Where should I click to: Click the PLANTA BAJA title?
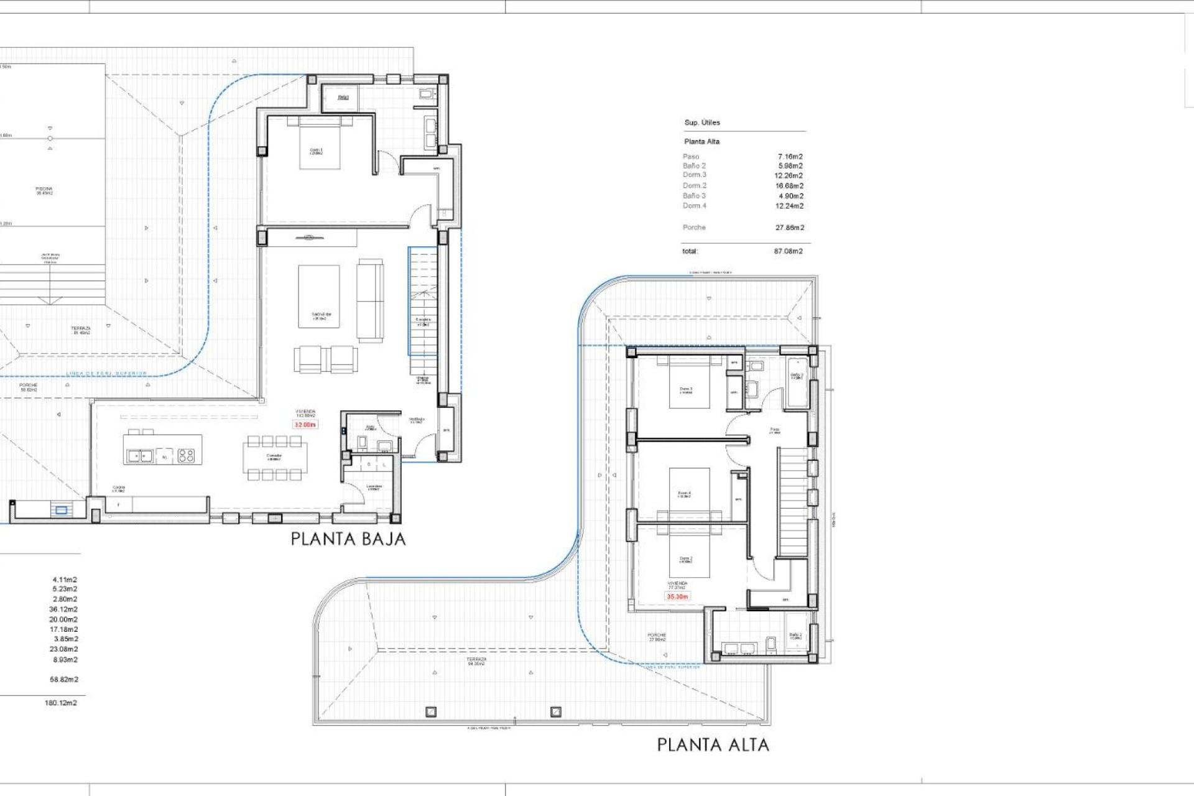tap(348, 539)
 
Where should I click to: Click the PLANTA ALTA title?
tap(713, 744)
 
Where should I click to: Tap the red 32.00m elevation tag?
tap(305, 425)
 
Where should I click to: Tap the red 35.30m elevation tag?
tap(677, 596)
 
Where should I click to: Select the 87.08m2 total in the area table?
tap(788, 251)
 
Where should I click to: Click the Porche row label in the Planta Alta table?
tap(694, 228)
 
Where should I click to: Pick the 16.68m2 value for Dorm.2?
tap(789, 186)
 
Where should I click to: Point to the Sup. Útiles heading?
tap(702, 123)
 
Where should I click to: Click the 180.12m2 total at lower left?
tap(61, 703)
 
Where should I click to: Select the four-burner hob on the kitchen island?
tap(186, 456)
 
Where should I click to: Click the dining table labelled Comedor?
tap(274, 458)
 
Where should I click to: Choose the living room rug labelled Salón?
tap(318, 297)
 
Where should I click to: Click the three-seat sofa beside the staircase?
tap(370, 300)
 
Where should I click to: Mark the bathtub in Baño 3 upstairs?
tap(797, 382)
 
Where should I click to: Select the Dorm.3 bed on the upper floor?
tap(688, 386)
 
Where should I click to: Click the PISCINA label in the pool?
tap(44, 190)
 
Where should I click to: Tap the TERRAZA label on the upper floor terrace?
tap(476, 661)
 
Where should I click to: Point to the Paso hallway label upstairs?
tap(774, 430)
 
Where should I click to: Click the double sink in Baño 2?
tap(739, 649)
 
